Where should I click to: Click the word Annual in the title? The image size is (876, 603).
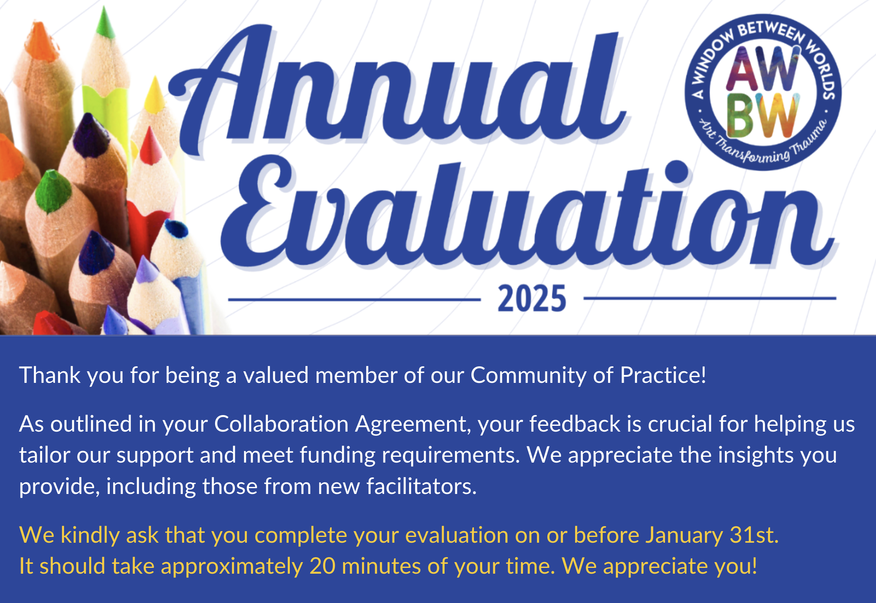coord(398,89)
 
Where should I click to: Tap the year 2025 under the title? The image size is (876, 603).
coord(532,298)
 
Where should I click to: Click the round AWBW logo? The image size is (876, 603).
coord(763,92)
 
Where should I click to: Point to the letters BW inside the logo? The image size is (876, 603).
coord(762,116)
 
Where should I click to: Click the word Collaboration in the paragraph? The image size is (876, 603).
coord(282,424)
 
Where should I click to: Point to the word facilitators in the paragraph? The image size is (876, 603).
coord(421,486)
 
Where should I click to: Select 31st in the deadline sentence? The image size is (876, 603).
coord(754,535)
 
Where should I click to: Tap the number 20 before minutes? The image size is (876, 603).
coord(322,566)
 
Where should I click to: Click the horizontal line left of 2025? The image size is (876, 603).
coord(354,300)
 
